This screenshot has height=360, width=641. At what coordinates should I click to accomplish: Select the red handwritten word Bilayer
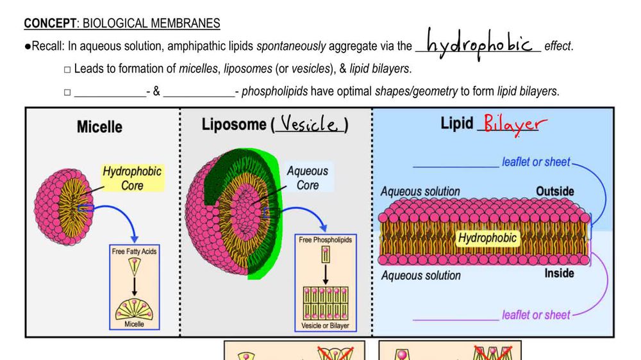[x=511, y=124]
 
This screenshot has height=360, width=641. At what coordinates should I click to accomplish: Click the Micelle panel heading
[x=99, y=127]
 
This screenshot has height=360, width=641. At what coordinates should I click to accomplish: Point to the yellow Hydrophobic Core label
[x=132, y=179]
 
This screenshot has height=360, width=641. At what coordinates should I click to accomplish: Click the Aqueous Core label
[x=307, y=178]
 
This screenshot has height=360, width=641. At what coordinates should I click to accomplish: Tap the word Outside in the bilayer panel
[x=554, y=191]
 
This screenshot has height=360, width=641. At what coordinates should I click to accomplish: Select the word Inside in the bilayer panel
[x=559, y=274]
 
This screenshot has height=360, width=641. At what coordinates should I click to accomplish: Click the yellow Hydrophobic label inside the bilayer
[x=487, y=238]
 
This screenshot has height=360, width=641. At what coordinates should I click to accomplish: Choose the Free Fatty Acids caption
[x=134, y=252]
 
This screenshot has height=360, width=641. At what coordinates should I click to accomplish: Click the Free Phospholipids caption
[x=325, y=240]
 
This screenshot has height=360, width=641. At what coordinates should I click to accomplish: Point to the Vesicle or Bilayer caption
[x=325, y=325]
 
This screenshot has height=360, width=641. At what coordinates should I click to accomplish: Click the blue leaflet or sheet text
[x=536, y=162]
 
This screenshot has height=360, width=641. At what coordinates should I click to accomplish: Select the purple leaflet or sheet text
[x=536, y=315]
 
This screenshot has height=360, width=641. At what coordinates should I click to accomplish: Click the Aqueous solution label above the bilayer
[x=420, y=192]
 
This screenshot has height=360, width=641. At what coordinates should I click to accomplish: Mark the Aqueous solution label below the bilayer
[x=420, y=275]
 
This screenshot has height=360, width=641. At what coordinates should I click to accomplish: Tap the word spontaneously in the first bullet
[x=291, y=46]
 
